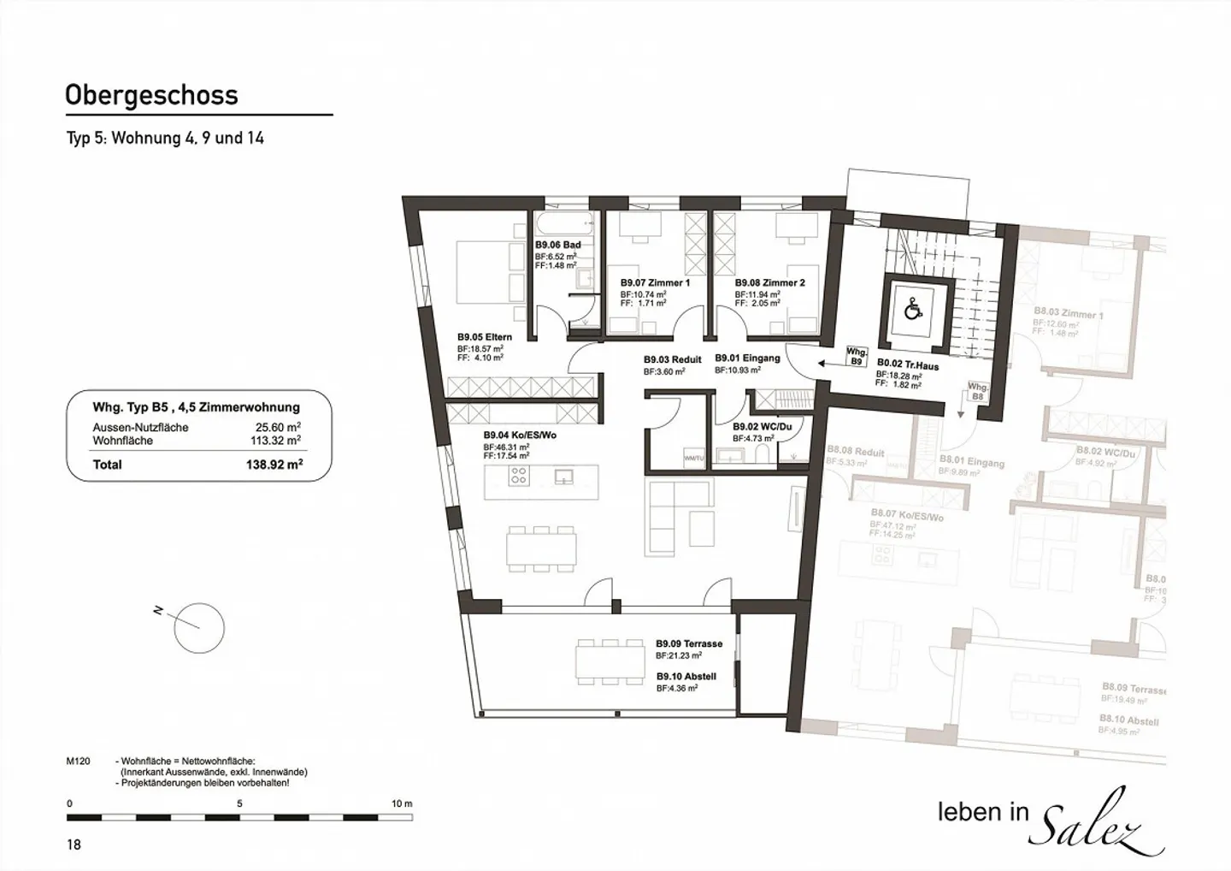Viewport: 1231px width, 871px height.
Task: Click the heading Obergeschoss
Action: (x=151, y=95)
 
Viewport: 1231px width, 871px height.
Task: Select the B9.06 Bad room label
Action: (x=558, y=245)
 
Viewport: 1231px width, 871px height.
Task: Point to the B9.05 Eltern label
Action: (x=485, y=337)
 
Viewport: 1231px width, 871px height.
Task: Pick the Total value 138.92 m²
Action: (x=275, y=465)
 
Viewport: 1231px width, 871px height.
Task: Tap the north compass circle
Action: (x=199, y=628)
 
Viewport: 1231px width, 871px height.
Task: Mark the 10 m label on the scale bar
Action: (x=401, y=803)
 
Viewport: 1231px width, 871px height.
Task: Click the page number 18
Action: (x=74, y=844)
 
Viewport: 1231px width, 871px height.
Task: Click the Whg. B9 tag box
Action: (x=856, y=356)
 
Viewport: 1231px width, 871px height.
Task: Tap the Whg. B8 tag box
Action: (x=977, y=392)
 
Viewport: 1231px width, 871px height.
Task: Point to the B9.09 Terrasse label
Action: (x=689, y=643)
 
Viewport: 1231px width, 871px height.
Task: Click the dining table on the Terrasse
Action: (x=610, y=661)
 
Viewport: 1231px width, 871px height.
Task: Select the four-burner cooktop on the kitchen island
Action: (x=518, y=476)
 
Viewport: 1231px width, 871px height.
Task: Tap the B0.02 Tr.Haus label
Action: (x=907, y=365)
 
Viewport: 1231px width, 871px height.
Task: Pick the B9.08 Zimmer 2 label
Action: (x=769, y=282)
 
